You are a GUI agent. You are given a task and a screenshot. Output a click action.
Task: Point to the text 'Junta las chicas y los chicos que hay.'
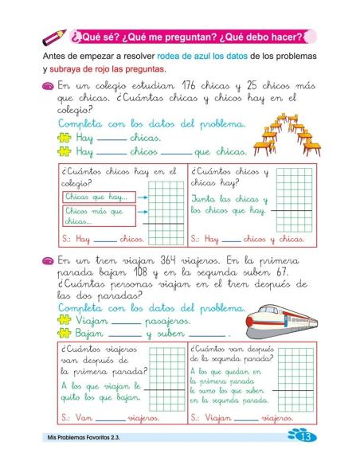pos(230,205)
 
